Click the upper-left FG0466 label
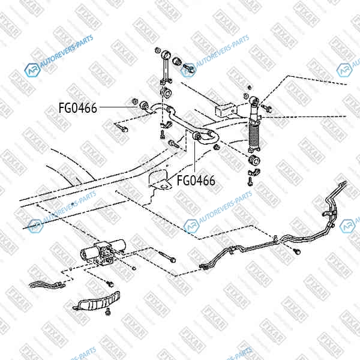coord(78,108)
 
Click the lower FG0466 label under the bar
coord(196,180)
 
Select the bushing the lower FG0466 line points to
coord(197,136)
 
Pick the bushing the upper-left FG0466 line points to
coord(144,106)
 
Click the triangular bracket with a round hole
coord(160,180)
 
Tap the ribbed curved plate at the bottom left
coord(97,301)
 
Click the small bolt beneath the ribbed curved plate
coord(107,311)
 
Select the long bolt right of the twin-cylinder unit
coord(167,256)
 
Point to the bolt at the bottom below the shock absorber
coord(250,181)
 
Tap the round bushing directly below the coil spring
coord(254,160)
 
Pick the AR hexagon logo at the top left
coord(32,70)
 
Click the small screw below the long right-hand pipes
coord(298,252)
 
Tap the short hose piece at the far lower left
coord(47,285)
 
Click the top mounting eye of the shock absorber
coord(254,101)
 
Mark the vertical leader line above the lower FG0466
coord(194,157)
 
